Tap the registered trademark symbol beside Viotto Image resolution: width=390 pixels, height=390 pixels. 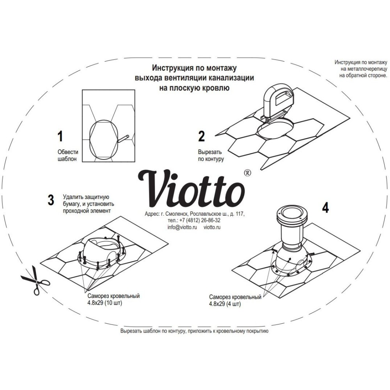click(246, 172)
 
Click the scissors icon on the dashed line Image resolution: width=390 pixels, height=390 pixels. click(34, 280)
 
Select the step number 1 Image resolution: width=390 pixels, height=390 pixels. click(60, 136)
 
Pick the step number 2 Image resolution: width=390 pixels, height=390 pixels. click(201, 136)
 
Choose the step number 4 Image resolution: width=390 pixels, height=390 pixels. click(325, 207)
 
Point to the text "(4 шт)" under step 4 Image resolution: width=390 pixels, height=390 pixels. click(231, 303)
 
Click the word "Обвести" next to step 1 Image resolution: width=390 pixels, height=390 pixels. click(67, 152)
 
